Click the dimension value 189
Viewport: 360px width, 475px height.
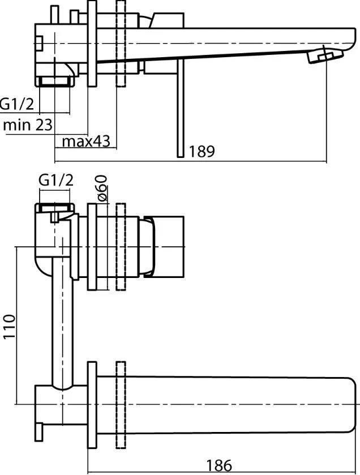pos(202,151)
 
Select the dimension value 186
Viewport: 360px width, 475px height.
pos(219,465)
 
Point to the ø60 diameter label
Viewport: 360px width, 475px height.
pos(102,188)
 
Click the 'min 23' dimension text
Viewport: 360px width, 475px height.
pos(28,125)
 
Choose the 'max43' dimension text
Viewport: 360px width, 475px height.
pos(86,141)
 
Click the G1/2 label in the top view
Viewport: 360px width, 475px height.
pos(17,104)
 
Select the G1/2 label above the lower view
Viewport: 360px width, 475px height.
pos(56,181)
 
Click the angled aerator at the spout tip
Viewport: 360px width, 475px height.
pos(325,55)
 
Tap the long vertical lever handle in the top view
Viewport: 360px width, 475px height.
pos(181,108)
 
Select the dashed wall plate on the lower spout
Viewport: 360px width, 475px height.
pos(121,405)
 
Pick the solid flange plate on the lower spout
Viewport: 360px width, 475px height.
pos(92,405)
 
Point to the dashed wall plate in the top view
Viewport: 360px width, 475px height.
pos(121,44)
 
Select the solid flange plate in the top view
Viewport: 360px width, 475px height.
pos(92,44)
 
